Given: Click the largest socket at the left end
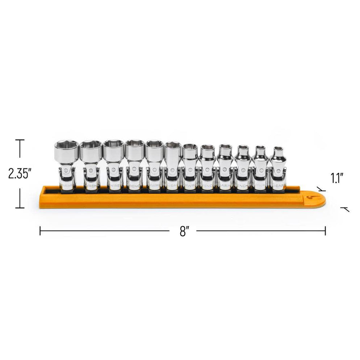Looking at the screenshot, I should (66, 165).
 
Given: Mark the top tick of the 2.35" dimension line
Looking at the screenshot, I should (20, 140).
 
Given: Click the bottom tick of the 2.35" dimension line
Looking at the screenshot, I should (20, 208).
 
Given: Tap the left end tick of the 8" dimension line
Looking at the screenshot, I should (40, 231).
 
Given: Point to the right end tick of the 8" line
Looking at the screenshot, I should (325, 231).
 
